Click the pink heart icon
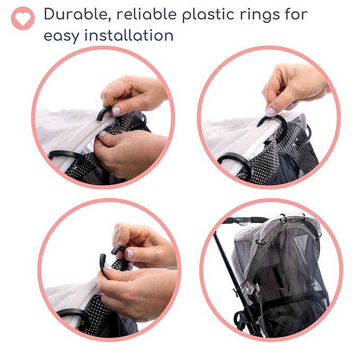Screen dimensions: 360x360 (23, 18)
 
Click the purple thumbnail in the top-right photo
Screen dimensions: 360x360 (271, 112)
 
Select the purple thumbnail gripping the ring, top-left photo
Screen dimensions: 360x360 (116, 111)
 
